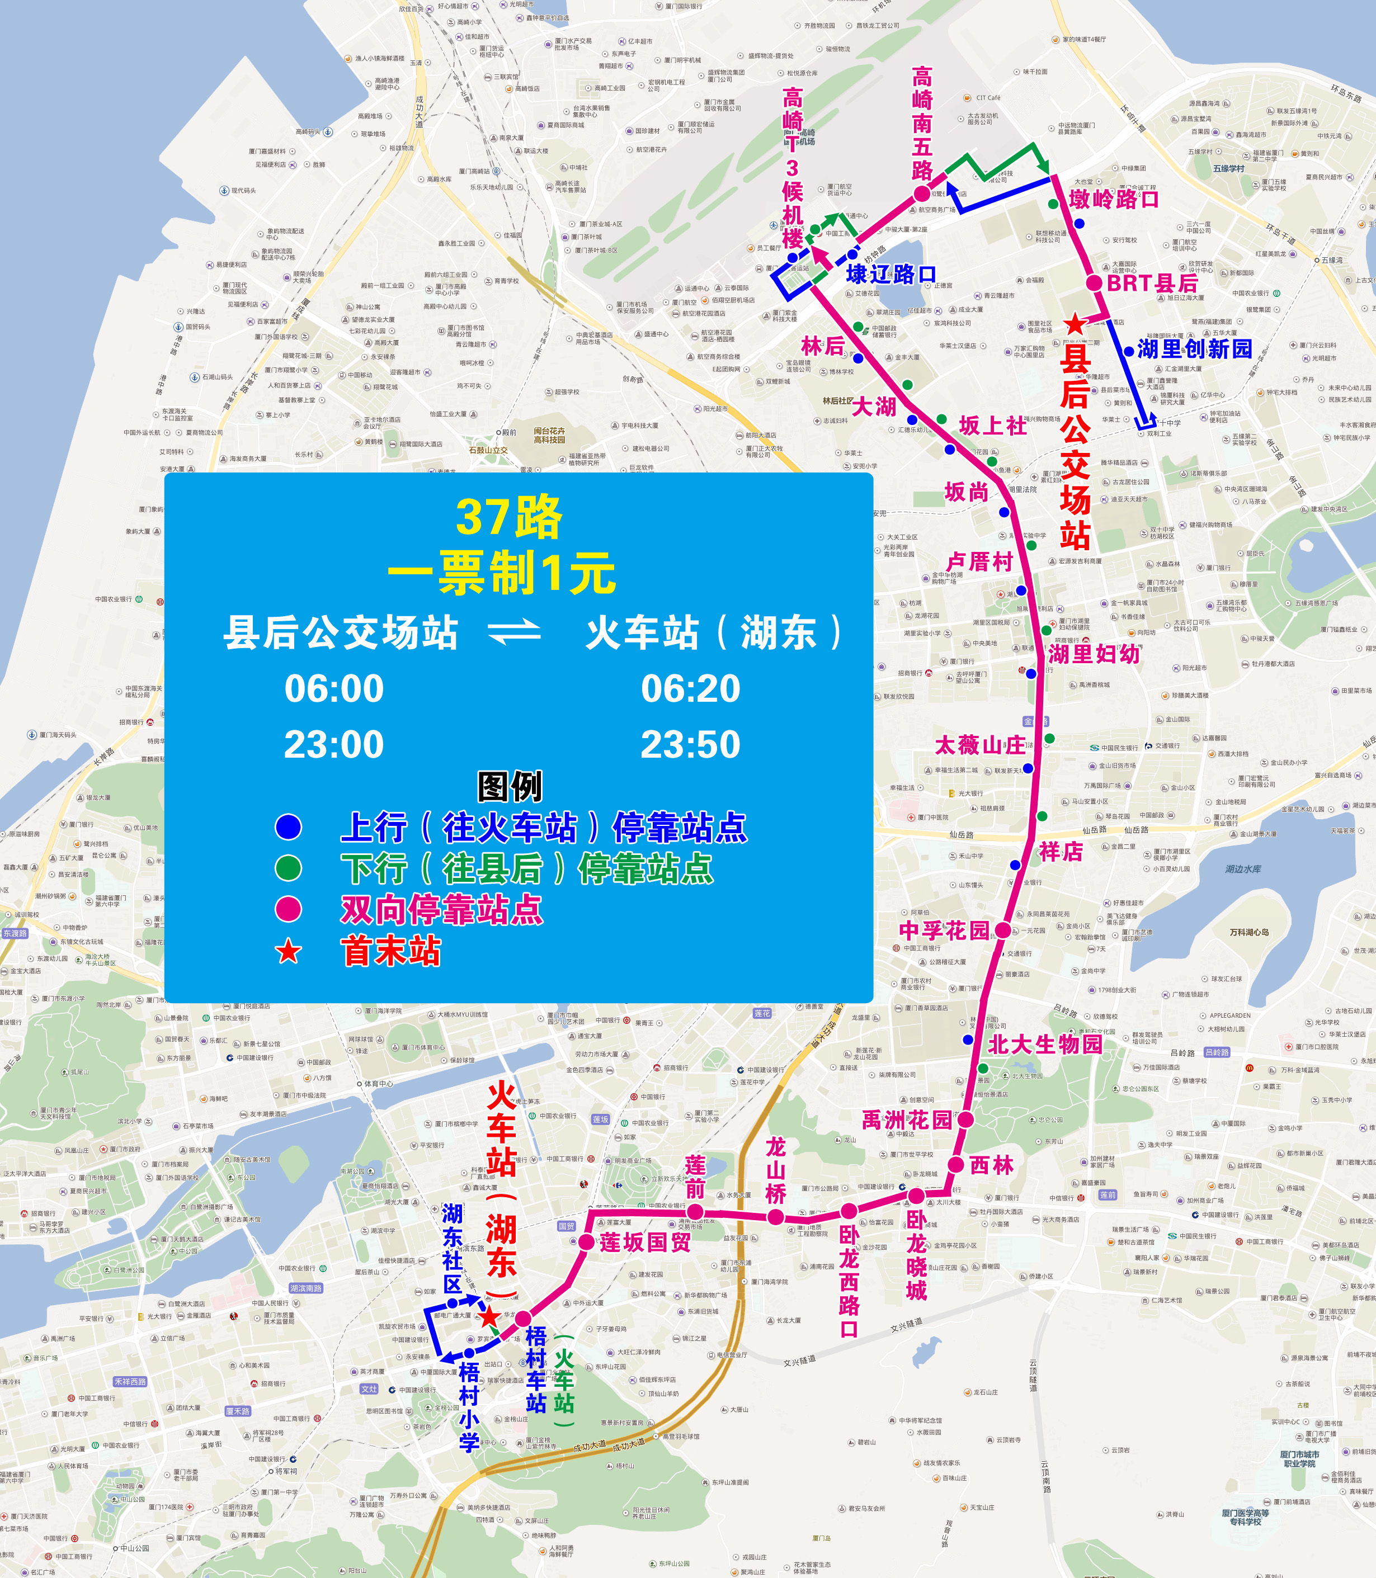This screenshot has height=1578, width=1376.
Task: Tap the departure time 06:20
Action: click(690, 688)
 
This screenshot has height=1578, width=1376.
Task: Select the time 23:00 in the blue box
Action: click(333, 744)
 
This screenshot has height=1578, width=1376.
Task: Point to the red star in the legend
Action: click(289, 952)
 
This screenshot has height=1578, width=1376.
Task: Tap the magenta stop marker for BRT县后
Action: click(1094, 282)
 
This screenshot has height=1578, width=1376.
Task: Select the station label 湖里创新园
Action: click(1194, 349)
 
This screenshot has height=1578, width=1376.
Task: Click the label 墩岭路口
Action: click(1114, 200)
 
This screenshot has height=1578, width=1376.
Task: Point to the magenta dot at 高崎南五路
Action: click(921, 193)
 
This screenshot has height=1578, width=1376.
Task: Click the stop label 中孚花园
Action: click(945, 930)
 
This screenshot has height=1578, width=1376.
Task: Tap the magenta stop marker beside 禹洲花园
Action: click(965, 1120)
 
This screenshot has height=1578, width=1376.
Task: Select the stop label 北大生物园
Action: click(1044, 1044)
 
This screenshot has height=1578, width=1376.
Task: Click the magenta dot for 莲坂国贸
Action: click(586, 1242)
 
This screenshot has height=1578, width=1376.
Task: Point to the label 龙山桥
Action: click(775, 1170)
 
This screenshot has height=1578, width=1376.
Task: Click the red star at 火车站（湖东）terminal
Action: click(488, 1317)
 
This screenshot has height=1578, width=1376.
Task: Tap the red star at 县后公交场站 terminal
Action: click(1075, 325)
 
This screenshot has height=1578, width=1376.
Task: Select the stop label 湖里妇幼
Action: click(1094, 654)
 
